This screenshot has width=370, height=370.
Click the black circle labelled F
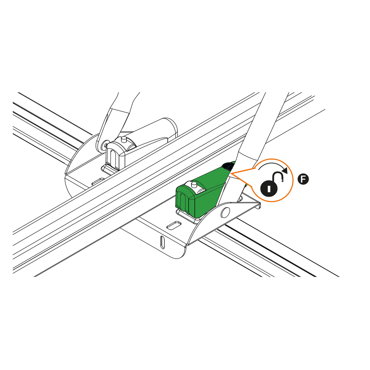click(x=303, y=179)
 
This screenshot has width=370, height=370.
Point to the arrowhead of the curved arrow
click(x=285, y=171)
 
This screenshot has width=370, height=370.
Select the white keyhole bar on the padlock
click(x=269, y=189)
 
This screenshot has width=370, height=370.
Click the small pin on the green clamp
click(x=194, y=184)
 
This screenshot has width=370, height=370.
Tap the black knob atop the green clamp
click(x=228, y=166)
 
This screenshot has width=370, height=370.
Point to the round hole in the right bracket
click(x=225, y=212)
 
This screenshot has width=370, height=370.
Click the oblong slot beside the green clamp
click(x=174, y=225)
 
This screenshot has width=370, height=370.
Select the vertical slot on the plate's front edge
click(x=162, y=242)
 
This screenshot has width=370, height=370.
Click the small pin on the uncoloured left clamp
click(x=123, y=140)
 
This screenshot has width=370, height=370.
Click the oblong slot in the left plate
click(x=98, y=181)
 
